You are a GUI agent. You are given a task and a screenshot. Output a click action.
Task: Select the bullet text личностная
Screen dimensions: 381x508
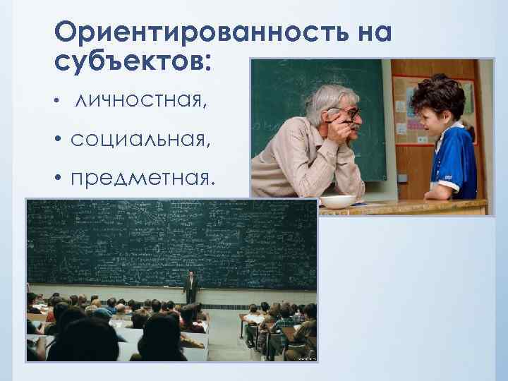(141, 103)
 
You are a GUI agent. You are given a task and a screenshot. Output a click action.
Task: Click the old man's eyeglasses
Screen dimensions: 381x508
(347, 114)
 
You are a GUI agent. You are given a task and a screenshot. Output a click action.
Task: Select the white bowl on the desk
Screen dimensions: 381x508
(337, 201)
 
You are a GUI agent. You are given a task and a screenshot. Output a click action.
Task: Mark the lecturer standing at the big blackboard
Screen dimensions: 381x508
(190, 287)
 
